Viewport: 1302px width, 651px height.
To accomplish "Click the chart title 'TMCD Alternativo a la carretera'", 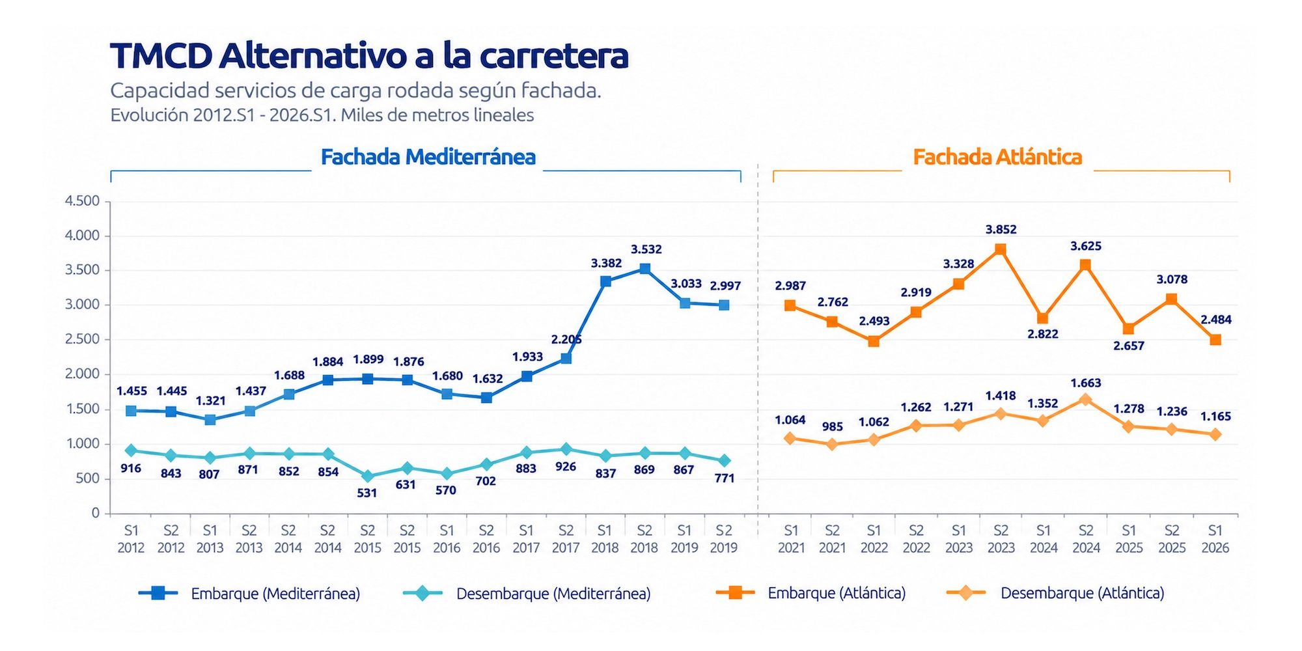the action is (369, 55).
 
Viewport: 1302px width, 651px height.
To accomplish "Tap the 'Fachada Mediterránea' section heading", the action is (428, 157).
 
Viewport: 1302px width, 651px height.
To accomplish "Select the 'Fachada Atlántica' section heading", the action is (997, 157).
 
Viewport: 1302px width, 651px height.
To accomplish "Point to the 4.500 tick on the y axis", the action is (82, 201).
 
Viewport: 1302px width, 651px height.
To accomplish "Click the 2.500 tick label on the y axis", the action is (82, 339).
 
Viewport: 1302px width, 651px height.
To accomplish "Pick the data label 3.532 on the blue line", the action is (646, 249).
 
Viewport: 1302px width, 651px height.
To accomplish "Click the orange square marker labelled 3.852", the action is (1001, 249).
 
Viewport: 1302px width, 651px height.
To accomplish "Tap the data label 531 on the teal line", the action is (367, 493).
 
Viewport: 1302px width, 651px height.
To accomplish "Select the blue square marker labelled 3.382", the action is (605, 281).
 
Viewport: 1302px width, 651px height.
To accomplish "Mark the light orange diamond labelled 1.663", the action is (1085, 400).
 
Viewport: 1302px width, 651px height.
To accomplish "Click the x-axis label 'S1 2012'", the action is (131, 539).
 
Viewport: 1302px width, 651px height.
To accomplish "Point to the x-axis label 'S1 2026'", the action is (1215, 539).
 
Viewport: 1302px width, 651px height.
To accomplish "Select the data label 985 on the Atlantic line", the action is (832, 426).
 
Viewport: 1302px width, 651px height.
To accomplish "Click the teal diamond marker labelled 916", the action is (131, 450).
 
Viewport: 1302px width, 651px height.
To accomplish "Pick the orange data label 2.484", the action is (1216, 320).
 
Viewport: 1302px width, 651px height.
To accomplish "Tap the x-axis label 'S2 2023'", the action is (1001, 539).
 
